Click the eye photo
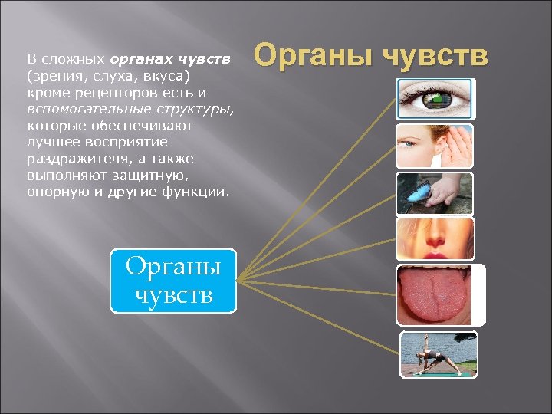(435, 98)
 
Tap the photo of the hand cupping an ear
(435, 146)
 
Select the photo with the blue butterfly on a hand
(435, 193)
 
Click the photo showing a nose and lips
(435, 238)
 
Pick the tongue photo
(440, 294)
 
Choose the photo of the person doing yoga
(439, 353)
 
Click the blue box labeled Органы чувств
(173, 281)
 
